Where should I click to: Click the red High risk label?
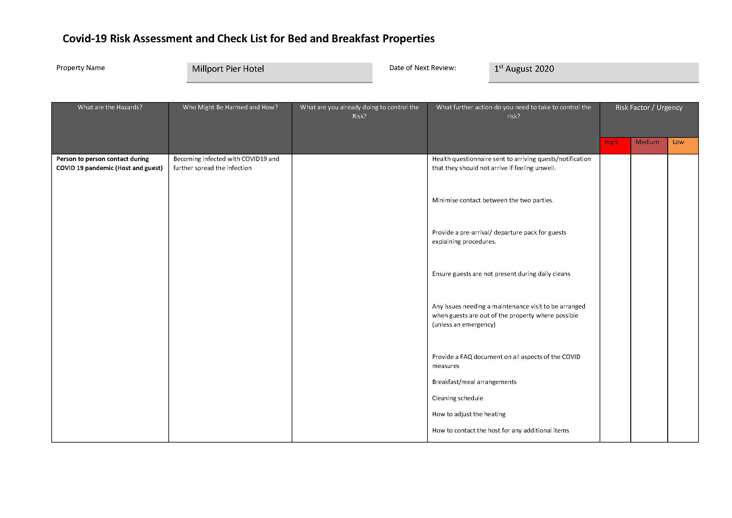(x=611, y=142)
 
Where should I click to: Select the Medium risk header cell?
(x=647, y=142)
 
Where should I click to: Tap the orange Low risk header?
(x=678, y=142)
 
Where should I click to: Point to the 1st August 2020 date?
(x=524, y=69)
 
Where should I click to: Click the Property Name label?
(x=80, y=68)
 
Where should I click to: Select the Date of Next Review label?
(x=422, y=68)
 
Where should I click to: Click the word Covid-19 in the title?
(x=84, y=39)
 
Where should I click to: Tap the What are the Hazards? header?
(x=110, y=107)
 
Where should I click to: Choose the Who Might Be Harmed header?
(x=230, y=107)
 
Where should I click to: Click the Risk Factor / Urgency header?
(x=649, y=108)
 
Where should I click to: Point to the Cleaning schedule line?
(x=458, y=398)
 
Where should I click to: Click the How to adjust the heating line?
(x=469, y=414)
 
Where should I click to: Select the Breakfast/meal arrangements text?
(x=474, y=382)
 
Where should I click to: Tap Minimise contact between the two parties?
(x=493, y=200)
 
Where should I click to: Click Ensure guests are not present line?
(x=501, y=274)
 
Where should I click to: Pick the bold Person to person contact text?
(x=103, y=159)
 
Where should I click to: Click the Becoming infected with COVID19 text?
(x=226, y=159)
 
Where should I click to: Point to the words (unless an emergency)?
(x=463, y=325)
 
